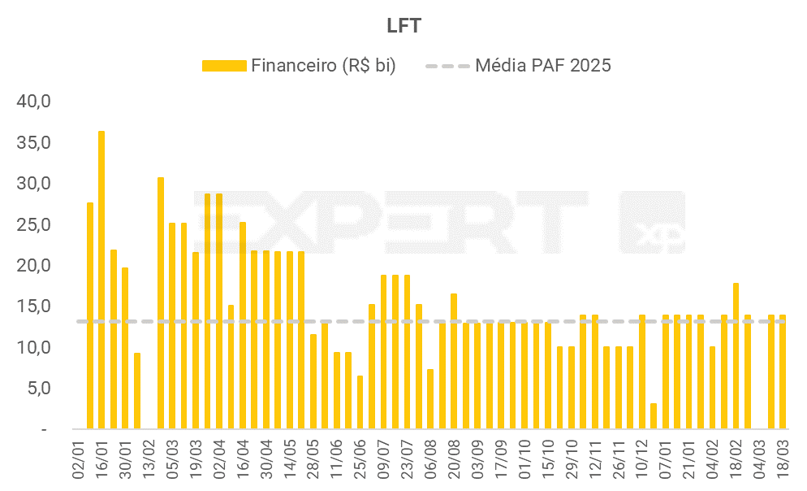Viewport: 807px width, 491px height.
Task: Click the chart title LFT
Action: [x=403, y=25]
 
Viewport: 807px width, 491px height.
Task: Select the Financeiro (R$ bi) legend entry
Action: [x=299, y=66]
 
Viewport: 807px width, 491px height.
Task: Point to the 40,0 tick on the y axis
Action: [x=35, y=102]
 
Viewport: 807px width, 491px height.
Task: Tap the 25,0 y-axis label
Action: [x=35, y=224]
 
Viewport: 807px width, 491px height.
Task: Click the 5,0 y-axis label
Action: [x=38, y=388]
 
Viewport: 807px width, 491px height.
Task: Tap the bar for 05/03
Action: [x=172, y=325]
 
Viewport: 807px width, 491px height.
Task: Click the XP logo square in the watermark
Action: [x=652, y=223]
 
